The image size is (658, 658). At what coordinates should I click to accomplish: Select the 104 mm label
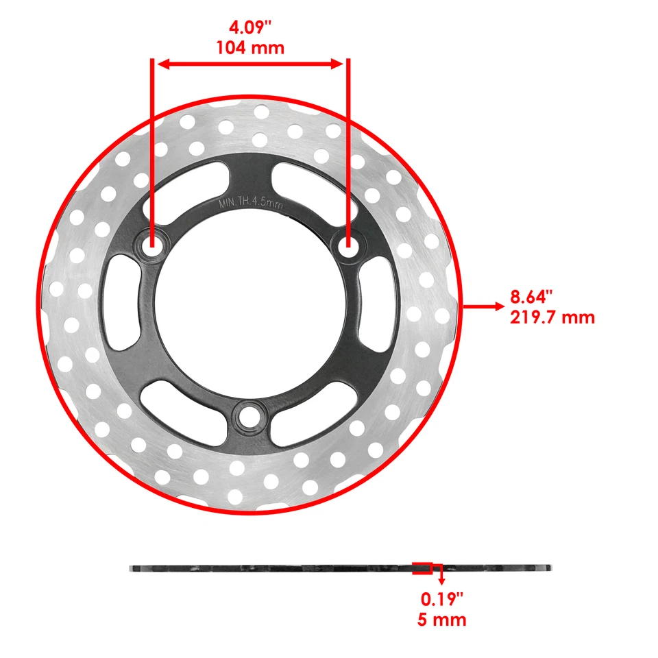249,48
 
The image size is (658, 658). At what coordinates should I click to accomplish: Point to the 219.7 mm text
552,317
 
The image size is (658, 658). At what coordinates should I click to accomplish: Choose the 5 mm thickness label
442,620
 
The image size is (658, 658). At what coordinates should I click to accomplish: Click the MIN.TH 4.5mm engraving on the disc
250,204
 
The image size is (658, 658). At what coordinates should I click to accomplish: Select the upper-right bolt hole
348,245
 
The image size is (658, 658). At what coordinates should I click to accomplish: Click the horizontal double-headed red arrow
250,64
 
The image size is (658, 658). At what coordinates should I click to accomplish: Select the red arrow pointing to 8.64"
483,306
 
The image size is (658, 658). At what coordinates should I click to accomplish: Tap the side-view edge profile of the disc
274,568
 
